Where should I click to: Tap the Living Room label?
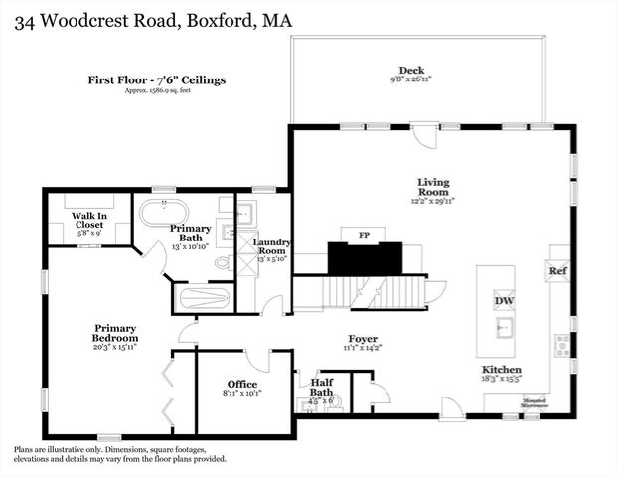(433, 188)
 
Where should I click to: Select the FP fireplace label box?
(365, 234)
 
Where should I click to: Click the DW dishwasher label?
(504, 301)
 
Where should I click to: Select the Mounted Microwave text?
(511, 405)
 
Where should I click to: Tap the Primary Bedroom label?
(115, 334)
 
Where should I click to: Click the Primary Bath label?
(190, 234)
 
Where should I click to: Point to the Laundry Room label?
(270, 248)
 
